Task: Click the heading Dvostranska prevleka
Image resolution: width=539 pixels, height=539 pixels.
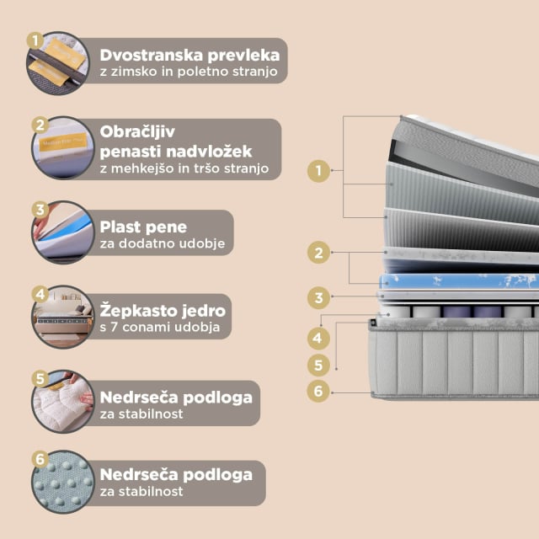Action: tap(189, 56)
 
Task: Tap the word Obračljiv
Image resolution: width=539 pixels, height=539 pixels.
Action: tap(137, 131)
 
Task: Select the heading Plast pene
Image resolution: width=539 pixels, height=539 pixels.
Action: tap(143, 227)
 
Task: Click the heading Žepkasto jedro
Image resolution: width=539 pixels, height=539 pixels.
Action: tap(163, 311)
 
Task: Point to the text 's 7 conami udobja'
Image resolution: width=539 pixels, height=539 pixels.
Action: tap(160, 327)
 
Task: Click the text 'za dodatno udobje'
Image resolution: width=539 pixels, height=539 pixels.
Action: tap(163, 243)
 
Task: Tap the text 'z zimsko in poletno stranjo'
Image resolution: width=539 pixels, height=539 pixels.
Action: tap(189, 72)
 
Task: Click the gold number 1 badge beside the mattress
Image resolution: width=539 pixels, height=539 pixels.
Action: tap(318, 170)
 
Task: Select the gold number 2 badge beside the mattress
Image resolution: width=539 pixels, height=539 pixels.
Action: tap(318, 253)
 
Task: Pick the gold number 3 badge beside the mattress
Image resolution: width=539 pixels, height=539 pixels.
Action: tap(318, 297)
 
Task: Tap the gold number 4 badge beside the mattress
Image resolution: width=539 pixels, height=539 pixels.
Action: tap(318, 339)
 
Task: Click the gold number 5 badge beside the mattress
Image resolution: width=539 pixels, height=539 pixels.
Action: tap(318, 365)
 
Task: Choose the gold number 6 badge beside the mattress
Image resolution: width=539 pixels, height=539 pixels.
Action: tap(318, 391)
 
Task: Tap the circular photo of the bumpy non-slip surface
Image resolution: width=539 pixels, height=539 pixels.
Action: tap(63, 482)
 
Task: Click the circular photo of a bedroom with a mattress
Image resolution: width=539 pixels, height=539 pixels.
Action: tap(63, 317)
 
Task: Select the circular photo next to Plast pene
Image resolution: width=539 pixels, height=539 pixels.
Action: tap(63, 232)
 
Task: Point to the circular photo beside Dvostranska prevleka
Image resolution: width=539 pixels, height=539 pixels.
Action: tap(58, 63)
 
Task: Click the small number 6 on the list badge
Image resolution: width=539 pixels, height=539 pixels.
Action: tap(40, 459)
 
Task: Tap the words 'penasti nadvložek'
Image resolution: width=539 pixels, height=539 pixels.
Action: tap(176, 152)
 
